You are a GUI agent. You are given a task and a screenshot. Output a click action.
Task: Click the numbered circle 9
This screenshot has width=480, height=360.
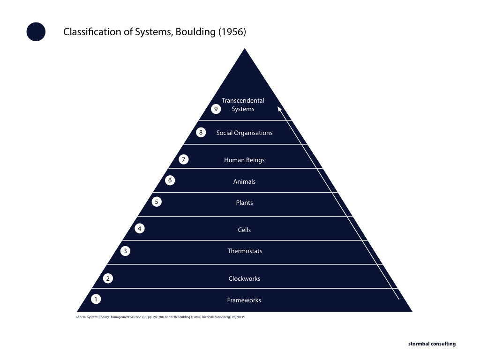(x=216, y=109)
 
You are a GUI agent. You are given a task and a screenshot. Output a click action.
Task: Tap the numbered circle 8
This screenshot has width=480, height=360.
(x=201, y=133)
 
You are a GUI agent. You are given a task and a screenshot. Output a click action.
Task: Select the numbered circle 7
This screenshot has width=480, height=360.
(x=184, y=160)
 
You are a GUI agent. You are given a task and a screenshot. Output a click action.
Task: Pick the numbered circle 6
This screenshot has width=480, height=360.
(x=171, y=180)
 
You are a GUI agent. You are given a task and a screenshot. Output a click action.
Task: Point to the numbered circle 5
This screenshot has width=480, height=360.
(x=157, y=202)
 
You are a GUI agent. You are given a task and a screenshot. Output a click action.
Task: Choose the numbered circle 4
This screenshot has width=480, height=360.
(x=140, y=229)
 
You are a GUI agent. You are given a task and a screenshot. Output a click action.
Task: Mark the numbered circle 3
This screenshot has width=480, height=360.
(x=125, y=251)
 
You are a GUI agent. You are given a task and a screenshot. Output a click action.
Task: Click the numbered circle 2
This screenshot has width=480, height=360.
(x=108, y=279)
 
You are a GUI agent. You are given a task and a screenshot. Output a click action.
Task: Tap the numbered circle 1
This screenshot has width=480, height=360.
(x=96, y=299)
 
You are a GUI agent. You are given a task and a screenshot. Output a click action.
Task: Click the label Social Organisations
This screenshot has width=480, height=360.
(x=244, y=133)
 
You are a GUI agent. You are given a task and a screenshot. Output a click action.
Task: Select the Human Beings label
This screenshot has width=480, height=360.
(x=244, y=160)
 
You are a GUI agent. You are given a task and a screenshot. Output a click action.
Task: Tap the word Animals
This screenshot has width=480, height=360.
(x=244, y=182)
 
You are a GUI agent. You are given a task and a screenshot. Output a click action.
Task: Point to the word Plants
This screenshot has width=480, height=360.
(x=244, y=203)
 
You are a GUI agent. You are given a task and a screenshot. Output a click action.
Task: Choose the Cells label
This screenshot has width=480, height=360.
(x=244, y=230)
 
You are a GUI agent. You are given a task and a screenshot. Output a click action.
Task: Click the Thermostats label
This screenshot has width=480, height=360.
(x=245, y=251)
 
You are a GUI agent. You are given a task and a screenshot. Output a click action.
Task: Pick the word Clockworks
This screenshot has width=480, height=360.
(x=244, y=279)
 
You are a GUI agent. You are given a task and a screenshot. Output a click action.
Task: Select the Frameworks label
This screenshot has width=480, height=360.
(x=244, y=300)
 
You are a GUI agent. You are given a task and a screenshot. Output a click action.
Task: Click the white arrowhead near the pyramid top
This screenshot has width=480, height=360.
(x=280, y=109)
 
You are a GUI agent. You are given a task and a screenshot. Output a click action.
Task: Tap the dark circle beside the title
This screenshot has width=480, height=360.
(x=36, y=32)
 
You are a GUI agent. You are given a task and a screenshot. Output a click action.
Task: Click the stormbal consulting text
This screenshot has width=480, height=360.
(x=431, y=344)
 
